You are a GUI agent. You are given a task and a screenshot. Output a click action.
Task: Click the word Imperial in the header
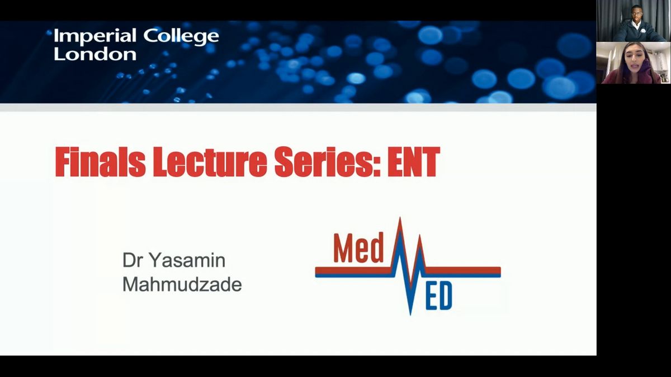click(95, 36)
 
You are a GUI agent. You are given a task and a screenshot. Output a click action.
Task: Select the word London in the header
click(95, 55)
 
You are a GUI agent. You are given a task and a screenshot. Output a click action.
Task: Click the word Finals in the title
click(100, 162)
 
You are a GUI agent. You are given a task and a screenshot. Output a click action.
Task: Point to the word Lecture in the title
click(210, 162)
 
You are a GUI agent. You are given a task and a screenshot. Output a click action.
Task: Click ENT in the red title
click(414, 162)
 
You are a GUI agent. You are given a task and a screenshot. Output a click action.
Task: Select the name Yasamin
click(187, 260)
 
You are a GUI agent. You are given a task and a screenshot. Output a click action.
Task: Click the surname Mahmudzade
click(182, 284)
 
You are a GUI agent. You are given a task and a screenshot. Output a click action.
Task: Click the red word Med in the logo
click(358, 248)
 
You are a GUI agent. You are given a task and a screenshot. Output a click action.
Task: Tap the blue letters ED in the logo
click(438, 297)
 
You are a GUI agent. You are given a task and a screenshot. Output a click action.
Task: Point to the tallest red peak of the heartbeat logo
click(400, 218)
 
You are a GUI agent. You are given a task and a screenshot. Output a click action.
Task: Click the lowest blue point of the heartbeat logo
click(410, 313)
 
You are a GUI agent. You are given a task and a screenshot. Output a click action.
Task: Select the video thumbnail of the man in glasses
click(633, 21)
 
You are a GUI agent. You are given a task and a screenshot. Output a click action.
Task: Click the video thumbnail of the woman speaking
click(633, 63)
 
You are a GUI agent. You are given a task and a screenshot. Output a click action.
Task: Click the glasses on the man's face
click(636, 13)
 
